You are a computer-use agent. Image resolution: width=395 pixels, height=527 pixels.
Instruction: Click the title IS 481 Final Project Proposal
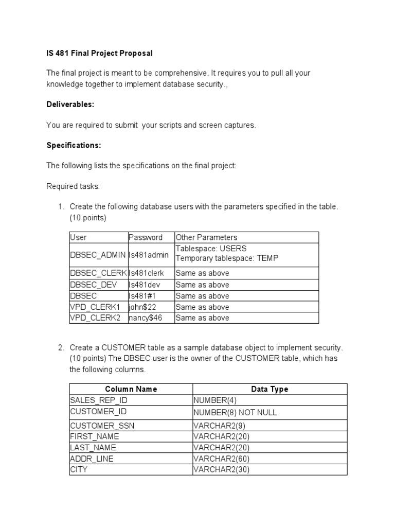point(100,53)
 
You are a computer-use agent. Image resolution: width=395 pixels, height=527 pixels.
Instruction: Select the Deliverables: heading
point(70,104)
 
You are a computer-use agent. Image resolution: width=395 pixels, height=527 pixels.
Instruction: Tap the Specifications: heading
point(74,145)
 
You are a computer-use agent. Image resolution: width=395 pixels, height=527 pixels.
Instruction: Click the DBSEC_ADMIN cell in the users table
point(98,255)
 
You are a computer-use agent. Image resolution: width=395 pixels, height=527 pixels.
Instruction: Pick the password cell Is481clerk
point(146,273)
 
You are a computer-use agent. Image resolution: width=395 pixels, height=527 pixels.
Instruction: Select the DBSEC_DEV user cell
point(93,285)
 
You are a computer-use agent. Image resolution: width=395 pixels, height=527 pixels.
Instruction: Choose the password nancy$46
point(145,318)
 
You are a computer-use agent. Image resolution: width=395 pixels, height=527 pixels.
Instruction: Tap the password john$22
point(142,307)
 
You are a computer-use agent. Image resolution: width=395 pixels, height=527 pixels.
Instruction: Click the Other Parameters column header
point(206,237)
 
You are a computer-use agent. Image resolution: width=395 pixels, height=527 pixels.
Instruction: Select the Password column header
point(145,237)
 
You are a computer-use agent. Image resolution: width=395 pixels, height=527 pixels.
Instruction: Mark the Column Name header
point(131,389)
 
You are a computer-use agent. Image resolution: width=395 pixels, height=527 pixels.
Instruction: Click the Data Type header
point(270,389)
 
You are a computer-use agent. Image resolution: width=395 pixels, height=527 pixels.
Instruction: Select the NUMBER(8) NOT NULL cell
point(235,412)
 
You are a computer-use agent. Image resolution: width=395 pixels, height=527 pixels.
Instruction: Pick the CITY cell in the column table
point(79,469)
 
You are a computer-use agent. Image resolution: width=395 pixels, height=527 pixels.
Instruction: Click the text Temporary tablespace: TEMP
point(227,258)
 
